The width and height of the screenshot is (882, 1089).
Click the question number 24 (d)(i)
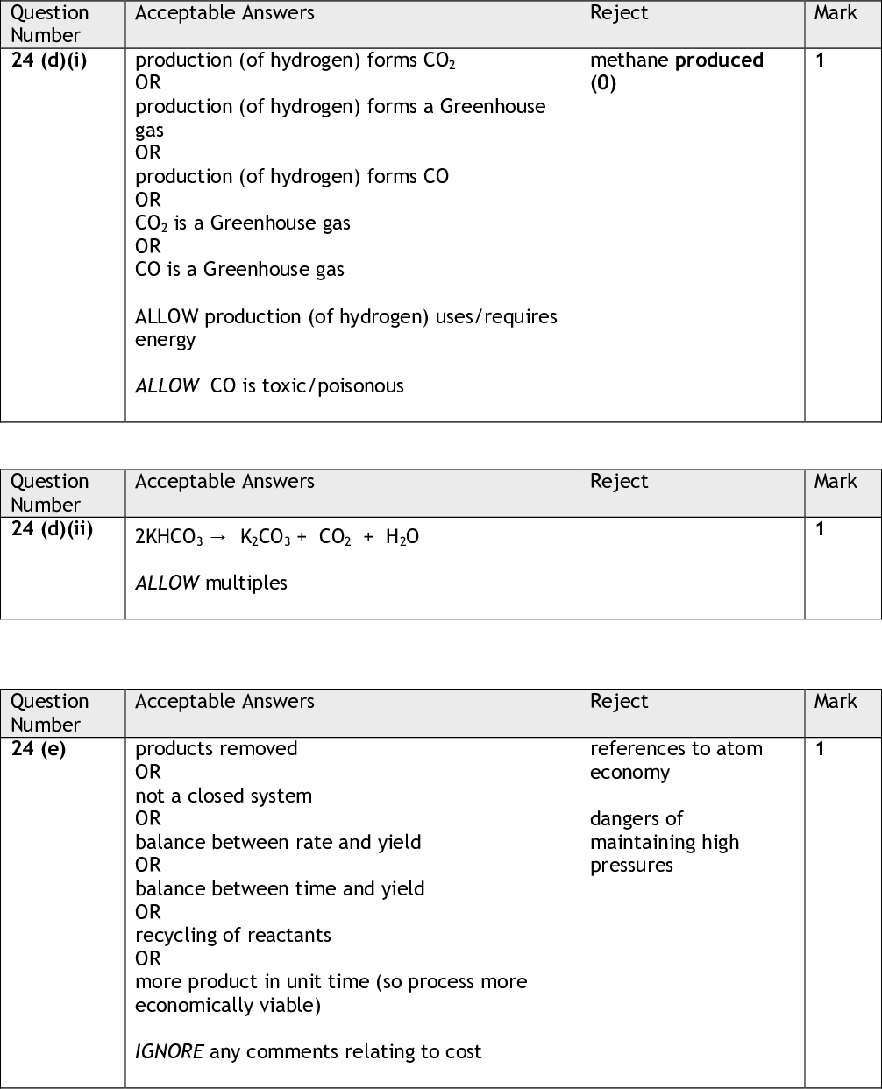tap(49, 60)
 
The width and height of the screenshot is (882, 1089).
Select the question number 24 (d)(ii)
tap(52, 529)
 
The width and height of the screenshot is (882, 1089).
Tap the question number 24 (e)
tap(39, 749)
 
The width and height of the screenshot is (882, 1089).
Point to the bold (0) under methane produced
tap(603, 83)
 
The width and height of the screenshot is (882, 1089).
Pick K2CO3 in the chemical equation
tap(265, 537)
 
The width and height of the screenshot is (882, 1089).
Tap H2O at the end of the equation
tap(402, 537)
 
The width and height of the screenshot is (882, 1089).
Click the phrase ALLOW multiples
tap(211, 583)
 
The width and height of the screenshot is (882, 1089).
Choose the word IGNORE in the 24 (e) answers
tap(169, 1052)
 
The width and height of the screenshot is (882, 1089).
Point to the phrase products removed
tap(217, 749)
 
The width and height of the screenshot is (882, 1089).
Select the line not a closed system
tap(224, 796)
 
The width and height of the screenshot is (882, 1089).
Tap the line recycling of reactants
tap(233, 936)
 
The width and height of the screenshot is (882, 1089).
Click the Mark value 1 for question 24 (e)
tap(820, 749)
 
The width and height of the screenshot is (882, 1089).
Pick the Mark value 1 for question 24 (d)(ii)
tap(820, 529)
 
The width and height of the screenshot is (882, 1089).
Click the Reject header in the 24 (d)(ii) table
tap(619, 482)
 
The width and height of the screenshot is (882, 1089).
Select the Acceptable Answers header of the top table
tap(224, 13)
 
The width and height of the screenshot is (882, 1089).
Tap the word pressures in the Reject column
tap(631, 866)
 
